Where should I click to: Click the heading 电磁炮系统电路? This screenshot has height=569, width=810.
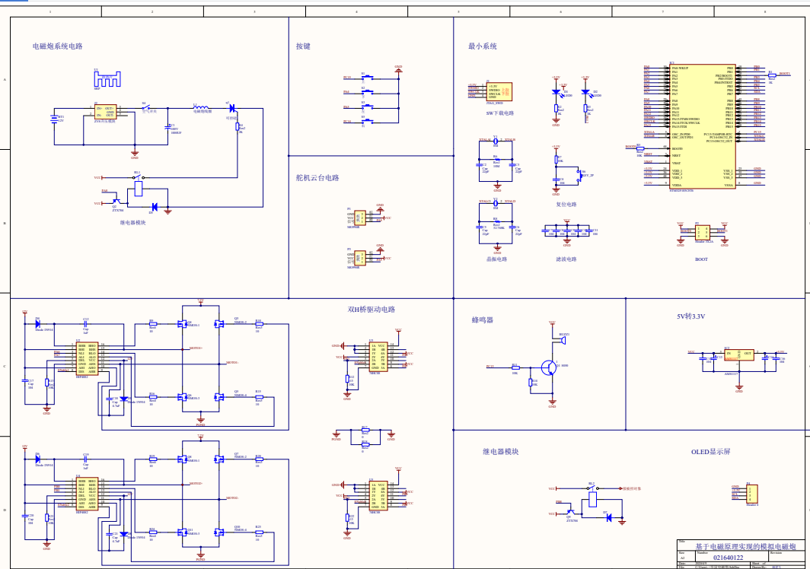[x=57, y=46]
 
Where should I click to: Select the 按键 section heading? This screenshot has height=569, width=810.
[x=303, y=46]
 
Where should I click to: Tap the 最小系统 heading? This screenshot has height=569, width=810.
[x=483, y=46]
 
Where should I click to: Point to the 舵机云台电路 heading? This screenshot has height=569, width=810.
[x=317, y=178]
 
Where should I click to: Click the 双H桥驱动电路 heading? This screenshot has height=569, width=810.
[x=372, y=310]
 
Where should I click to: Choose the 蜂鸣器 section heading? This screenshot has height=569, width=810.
[x=483, y=320]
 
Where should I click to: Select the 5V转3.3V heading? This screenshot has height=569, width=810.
[x=691, y=316]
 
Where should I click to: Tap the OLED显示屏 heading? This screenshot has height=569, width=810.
[x=710, y=451]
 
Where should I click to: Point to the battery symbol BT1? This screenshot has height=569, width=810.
[x=54, y=118]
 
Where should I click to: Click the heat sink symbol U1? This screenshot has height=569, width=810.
[x=107, y=79]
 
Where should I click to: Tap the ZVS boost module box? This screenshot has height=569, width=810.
[x=105, y=113]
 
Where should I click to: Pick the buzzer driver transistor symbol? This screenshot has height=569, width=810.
[x=550, y=367]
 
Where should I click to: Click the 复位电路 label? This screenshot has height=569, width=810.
[x=566, y=204]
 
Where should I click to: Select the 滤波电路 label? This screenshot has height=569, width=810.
[x=566, y=259]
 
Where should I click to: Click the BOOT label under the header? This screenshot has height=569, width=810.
[x=701, y=259]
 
